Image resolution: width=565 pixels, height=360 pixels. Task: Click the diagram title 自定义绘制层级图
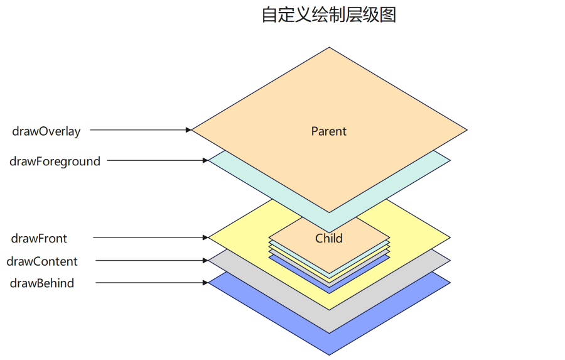coord(328,15)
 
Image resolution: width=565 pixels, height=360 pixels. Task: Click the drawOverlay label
coord(46,131)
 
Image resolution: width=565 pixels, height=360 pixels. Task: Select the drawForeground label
coord(55,161)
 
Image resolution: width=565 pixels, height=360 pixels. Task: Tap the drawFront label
coord(39,239)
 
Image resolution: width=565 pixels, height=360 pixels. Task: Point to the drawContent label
coord(42,261)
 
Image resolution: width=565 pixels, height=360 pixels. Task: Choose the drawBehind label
coord(42,283)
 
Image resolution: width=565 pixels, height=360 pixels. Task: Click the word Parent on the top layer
coord(328,131)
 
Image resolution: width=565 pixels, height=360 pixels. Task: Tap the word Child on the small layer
coord(329,239)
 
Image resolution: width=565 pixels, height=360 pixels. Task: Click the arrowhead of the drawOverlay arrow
coord(188,130)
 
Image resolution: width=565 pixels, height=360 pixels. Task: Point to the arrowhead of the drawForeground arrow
coord(205,161)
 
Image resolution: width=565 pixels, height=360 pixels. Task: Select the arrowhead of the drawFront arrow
coord(205,238)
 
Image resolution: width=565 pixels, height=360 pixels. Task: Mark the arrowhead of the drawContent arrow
coord(205,261)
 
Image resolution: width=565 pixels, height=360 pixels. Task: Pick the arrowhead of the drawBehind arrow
coord(205,283)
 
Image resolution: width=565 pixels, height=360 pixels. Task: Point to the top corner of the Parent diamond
coord(329,48)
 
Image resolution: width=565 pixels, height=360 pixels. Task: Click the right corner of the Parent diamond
coord(467,131)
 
